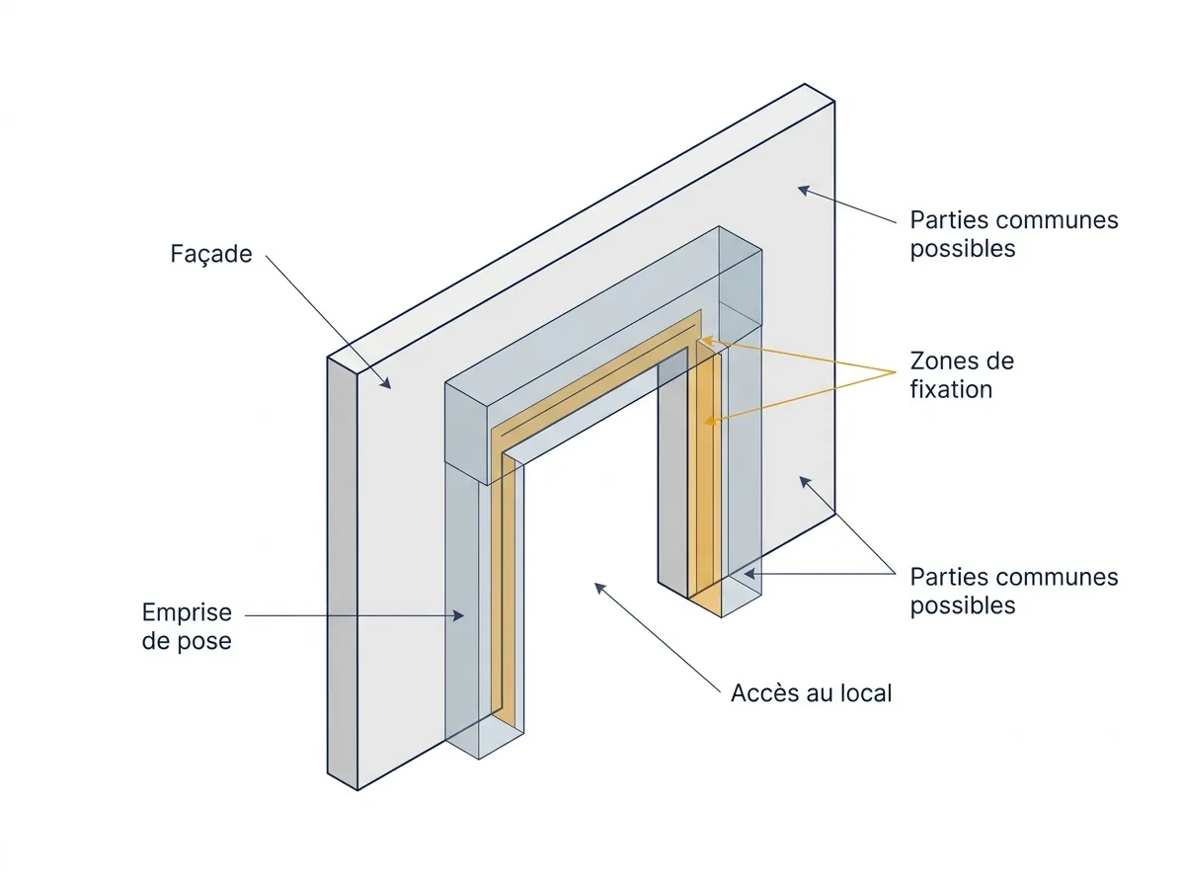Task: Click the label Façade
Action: [x=211, y=254]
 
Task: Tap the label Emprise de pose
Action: [x=187, y=626]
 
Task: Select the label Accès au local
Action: [x=811, y=692]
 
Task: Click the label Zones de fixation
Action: [x=962, y=375]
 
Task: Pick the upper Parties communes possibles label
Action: [x=1014, y=234]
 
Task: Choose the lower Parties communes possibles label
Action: [x=1014, y=592]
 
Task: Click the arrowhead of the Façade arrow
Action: [x=385, y=382]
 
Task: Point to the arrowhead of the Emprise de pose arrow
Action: [x=458, y=615]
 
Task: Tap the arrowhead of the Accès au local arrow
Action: [x=600, y=588]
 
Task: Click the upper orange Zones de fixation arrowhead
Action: [x=707, y=341]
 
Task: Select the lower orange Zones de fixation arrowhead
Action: [x=711, y=421]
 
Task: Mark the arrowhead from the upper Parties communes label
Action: [x=804, y=190]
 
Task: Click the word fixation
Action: [x=951, y=389]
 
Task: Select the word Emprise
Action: [x=187, y=612]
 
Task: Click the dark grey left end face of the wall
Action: [x=343, y=573]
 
